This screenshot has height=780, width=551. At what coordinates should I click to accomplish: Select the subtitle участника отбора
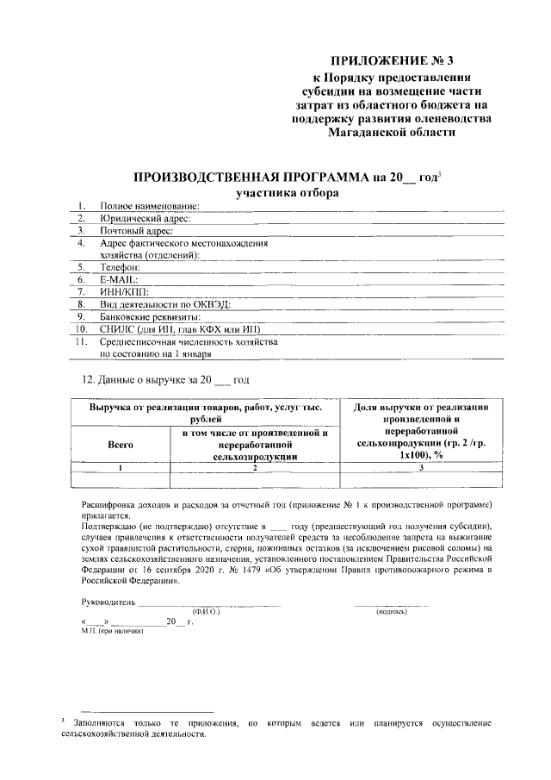point(287,193)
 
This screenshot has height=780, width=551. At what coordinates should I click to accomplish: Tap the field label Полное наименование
point(149,207)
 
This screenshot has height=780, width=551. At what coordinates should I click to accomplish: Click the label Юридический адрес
point(145,219)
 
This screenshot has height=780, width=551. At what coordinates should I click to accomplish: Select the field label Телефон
point(120,268)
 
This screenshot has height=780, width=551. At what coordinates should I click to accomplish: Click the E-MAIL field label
point(119,280)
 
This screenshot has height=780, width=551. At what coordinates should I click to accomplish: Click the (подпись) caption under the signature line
point(392,611)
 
